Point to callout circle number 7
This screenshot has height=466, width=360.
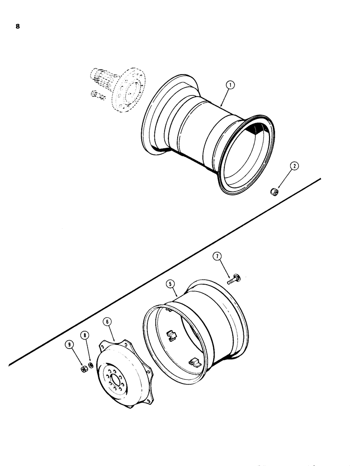pyautogui.click(x=217, y=256)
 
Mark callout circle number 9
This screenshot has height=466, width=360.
pyautogui.click(x=70, y=345)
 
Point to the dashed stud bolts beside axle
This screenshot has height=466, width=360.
pyautogui.click(x=95, y=96)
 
